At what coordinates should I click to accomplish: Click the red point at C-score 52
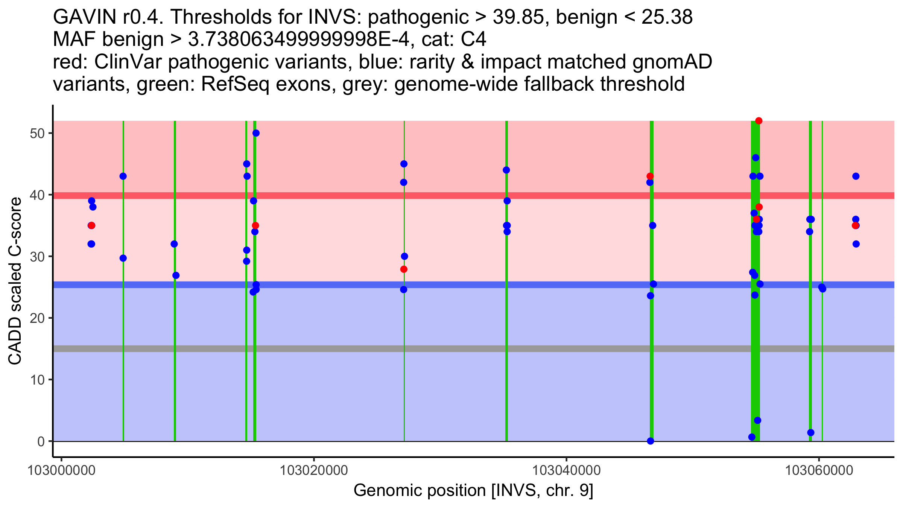[759, 121]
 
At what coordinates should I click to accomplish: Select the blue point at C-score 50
[256, 133]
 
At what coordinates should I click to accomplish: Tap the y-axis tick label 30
[36, 257]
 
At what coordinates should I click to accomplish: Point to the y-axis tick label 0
[41, 441]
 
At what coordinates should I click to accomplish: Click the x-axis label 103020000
[314, 470]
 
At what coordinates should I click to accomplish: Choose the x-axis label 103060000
[819, 470]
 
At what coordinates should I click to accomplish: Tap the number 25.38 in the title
[667, 17]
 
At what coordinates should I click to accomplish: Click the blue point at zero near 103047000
[650, 441]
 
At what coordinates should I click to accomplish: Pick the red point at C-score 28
[404, 269]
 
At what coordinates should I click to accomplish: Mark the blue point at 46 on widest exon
[756, 158]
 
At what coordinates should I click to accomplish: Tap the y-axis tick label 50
[36, 134]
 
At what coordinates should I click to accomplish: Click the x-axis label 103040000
[566, 470]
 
